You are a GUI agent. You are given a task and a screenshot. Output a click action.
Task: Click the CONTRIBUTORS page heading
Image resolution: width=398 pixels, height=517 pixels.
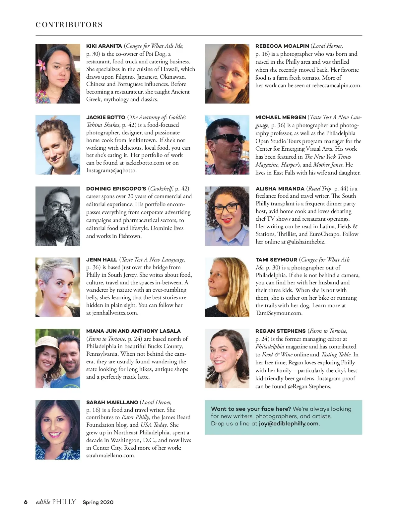[x=69, y=25]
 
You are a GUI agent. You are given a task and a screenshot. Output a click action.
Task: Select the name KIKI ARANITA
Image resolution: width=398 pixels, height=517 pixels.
[x=104, y=46]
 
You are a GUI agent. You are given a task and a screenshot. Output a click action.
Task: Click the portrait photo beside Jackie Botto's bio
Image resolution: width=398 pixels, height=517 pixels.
[x=58, y=145]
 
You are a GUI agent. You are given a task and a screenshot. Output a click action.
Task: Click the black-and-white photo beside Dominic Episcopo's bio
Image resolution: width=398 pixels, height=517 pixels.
[x=58, y=216]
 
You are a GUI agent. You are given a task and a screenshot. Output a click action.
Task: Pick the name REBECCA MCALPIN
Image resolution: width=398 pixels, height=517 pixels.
[x=282, y=46]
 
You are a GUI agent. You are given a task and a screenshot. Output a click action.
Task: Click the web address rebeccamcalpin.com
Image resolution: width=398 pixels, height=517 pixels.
[x=337, y=85]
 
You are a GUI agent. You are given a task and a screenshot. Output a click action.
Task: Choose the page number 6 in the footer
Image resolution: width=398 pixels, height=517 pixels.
[x=26, y=502]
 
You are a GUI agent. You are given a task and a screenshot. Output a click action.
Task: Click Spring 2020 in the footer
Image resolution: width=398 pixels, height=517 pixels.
[x=98, y=502]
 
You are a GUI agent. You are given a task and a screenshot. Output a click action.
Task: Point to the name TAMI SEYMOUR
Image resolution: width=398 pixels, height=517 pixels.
[x=276, y=260]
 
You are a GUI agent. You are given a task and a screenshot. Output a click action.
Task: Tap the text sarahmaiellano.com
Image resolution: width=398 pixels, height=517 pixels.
[x=111, y=455]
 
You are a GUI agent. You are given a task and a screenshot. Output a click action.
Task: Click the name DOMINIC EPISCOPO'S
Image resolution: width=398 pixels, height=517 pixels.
[x=116, y=188]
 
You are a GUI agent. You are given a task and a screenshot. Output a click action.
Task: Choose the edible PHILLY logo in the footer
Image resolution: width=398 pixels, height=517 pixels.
[x=56, y=502]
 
